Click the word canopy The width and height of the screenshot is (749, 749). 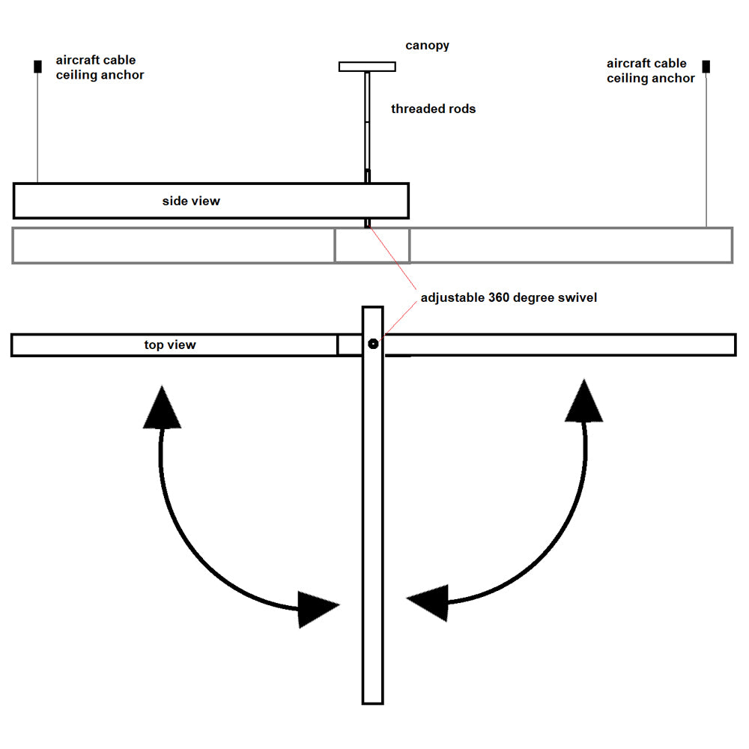[x=428, y=46]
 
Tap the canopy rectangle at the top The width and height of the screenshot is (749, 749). [x=367, y=67]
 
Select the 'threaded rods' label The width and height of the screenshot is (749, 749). [x=433, y=109]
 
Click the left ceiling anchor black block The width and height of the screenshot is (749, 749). [x=37, y=66]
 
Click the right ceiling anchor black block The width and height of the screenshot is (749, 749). [x=706, y=67]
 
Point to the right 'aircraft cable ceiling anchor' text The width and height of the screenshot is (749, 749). [x=650, y=70]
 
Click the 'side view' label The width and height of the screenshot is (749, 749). [x=191, y=201]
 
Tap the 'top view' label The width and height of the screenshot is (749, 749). [x=170, y=345]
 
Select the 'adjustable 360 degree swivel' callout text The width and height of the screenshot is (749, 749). [x=509, y=297]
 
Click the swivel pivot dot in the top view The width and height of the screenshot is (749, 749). [x=373, y=344]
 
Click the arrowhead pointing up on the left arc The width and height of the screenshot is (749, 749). [x=162, y=408]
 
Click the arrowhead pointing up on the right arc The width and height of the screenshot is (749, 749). [x=583, y=402]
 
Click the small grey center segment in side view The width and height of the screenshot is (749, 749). [x=372, y=246]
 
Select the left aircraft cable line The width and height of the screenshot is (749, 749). [x=37, y=127]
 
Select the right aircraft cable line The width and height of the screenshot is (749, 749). [x=706, y=150]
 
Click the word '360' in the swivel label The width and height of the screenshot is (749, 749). [x=500, y=297]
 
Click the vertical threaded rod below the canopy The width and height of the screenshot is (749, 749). [x=367, y=120]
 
